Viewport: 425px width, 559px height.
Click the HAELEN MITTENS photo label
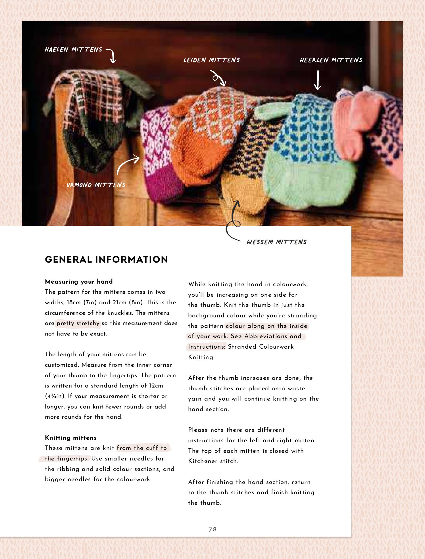tap(73, 50)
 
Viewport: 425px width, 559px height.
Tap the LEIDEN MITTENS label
tap(212, 60)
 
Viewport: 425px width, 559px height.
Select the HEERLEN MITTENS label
tap(331, 60)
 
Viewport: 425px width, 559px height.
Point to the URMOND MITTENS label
tap(96, 185)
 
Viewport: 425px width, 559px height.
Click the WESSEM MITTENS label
tap(277, 242)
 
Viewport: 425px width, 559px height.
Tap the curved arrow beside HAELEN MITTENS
tap(111, 55)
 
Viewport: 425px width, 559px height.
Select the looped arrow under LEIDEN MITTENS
tap(218, 78)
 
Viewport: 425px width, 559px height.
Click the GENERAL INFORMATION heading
tap(106, 259)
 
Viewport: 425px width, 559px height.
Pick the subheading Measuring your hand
tap(79, 282)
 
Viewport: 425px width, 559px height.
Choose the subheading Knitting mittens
tap(71, 438)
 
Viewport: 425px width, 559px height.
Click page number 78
tap(212, 529)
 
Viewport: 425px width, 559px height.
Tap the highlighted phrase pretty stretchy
tap(78, 323)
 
